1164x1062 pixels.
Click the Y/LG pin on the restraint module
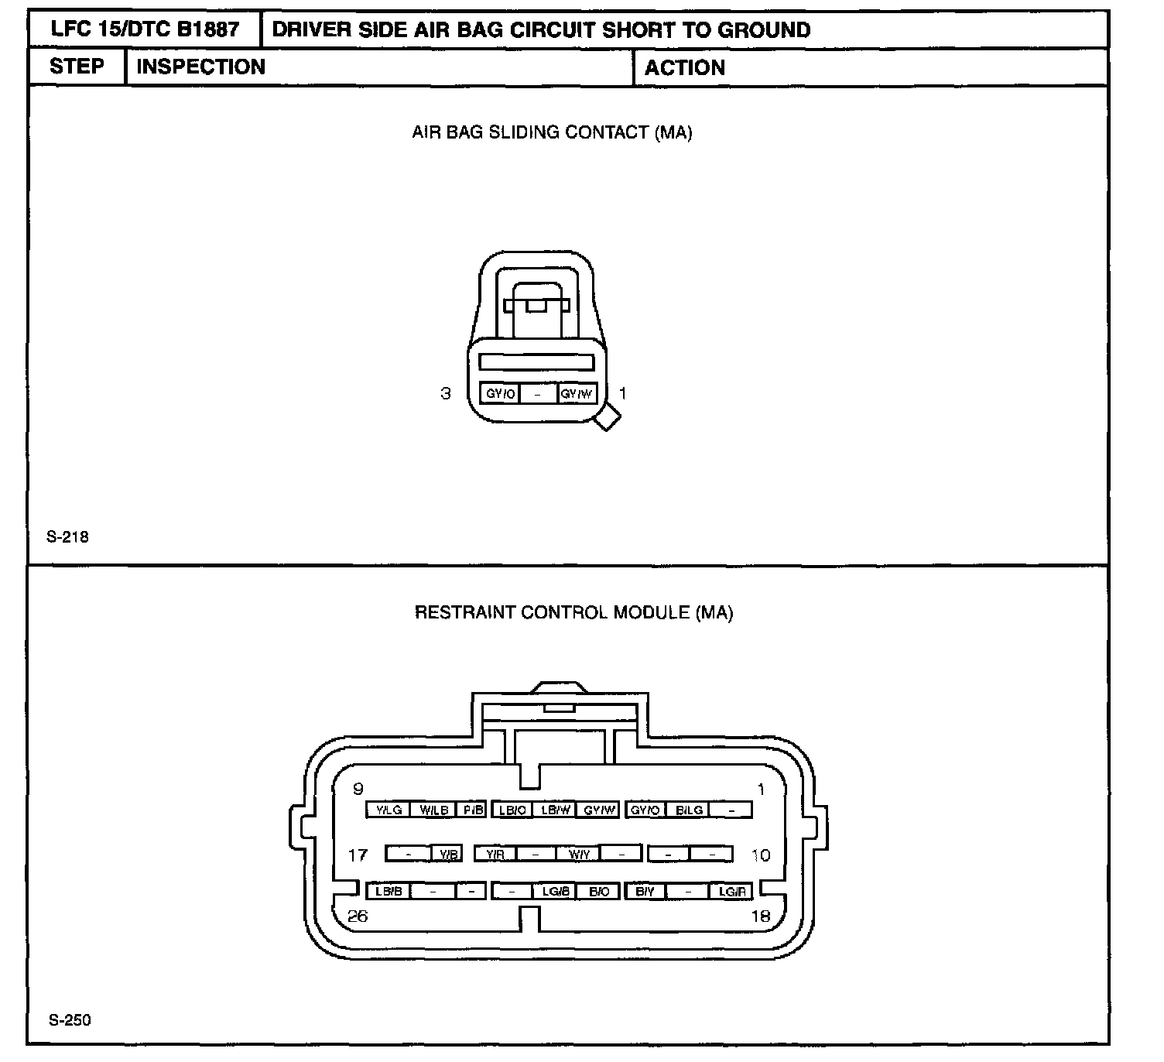[x=388, y=810]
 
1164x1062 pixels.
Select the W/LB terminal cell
[x=433, y=810]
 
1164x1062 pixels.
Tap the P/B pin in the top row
[x=471, y=810]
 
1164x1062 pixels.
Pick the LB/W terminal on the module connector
[x=556, y=810]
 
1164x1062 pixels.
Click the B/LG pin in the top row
[x=689, y=810]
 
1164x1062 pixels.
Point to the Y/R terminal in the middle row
[x=495, y=854]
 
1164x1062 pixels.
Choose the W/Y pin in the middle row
[x=579, y=854]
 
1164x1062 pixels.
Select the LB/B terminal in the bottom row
[x=388, y=891]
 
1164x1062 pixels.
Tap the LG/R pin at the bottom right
[x=731, y=891]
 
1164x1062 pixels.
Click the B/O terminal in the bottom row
[x=599, y=891]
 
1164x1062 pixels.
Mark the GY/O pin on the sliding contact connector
[x=500, y=393]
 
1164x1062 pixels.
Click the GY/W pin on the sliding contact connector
[x=577, y=393]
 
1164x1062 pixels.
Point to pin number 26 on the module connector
[x=358, y=916]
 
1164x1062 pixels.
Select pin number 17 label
[x=358, y=855]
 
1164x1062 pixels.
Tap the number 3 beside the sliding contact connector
[x=445, y=393]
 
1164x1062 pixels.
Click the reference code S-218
[x=67, y=536]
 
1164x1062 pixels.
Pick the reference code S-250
[x=69, y=1019]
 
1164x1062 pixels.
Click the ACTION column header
[x=685, y=67]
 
